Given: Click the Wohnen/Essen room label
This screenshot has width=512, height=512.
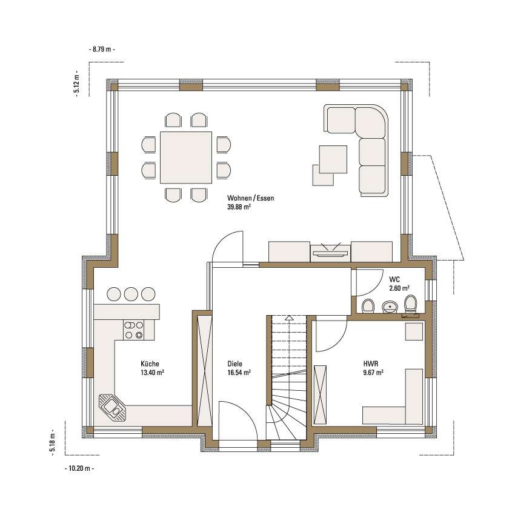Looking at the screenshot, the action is [250, 198].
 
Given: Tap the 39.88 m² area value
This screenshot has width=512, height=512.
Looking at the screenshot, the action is [239, 207].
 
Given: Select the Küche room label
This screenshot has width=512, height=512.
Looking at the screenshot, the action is [150, 364].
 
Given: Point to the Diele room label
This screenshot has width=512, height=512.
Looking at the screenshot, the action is [234, 364].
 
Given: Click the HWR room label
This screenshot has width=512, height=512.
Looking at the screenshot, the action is [371, 364].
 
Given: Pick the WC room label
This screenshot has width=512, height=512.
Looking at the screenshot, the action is [394, 279].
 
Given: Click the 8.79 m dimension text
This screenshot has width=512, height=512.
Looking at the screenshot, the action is [102, 49].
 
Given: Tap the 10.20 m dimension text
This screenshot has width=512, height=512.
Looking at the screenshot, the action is [79, 468].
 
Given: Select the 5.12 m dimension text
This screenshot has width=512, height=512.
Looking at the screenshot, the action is [77, 84].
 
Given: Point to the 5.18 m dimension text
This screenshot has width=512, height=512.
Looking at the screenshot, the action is [53, 443].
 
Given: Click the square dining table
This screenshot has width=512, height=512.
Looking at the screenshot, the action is [186, 158].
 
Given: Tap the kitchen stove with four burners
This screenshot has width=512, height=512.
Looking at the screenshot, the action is [133, 330].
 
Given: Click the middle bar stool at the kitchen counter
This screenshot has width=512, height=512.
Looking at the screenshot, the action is [131, 294].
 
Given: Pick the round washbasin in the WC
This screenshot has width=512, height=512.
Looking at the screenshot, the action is [390, 307].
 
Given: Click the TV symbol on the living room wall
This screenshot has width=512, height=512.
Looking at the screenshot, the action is [330, 250].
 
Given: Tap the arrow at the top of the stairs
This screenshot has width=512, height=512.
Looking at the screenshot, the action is [288, 318].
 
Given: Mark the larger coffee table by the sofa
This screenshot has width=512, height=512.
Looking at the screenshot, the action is [333, 159].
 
